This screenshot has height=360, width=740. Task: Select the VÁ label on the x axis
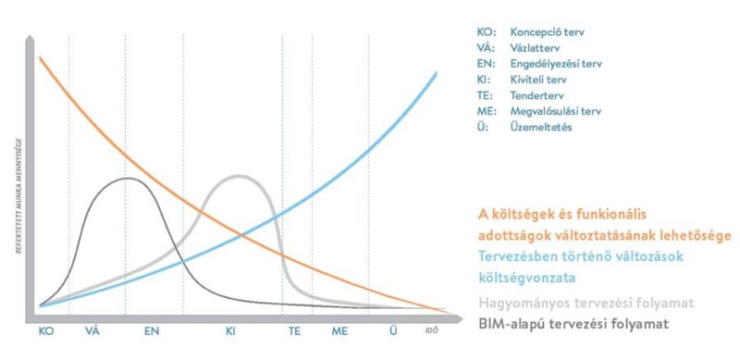[x=92, y=329]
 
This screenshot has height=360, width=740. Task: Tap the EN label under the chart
[x=152, y=329]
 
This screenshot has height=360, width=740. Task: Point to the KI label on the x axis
[x=232, y=329]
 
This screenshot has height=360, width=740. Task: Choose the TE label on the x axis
[x=294, y=329]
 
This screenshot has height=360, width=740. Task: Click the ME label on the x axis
[x=339, y=329]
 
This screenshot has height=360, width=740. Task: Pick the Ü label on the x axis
[x=394, y=329]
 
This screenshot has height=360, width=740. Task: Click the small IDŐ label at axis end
[x=430, y=329]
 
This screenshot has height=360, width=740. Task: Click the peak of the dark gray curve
[x=127, y=178]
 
